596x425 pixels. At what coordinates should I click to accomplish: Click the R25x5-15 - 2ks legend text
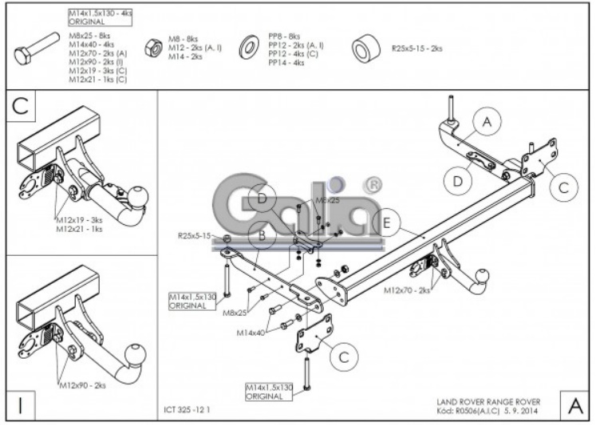point(416,49)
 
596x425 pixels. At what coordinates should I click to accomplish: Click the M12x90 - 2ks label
point(82,385)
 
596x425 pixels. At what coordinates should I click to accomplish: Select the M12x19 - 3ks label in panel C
point(80,219)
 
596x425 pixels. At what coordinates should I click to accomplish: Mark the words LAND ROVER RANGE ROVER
point(488,401)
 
